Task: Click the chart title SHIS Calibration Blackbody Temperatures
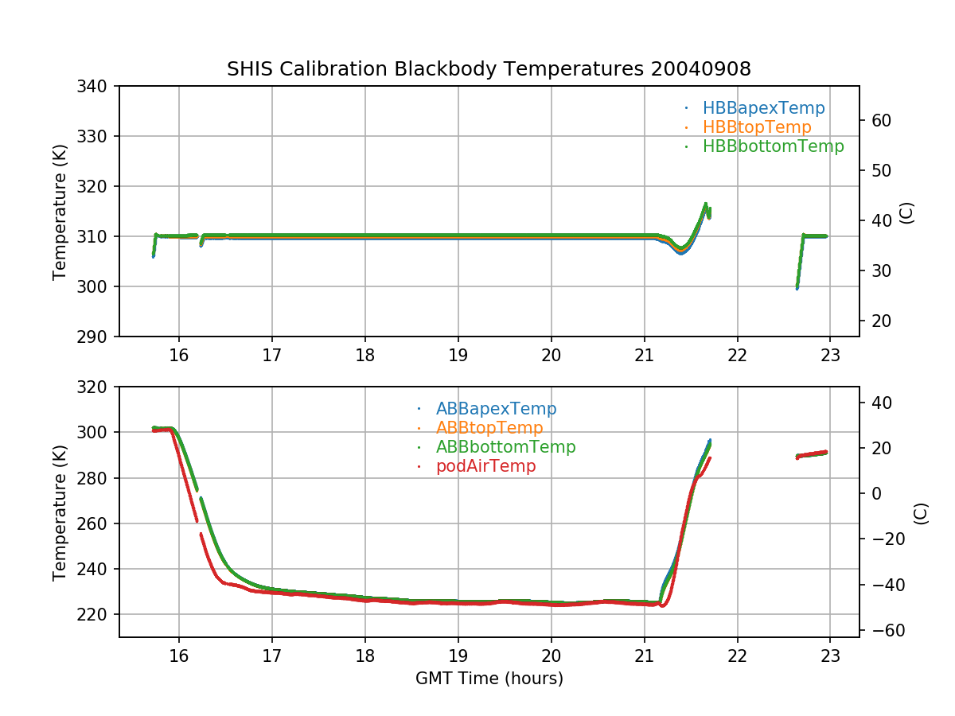(x=489, y=69)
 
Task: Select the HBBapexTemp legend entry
(x=763, y=108)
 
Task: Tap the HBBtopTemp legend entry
(x=757, y=127)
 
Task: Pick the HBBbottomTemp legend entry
(x=773, y=146)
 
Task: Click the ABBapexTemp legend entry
(x=496, y=409)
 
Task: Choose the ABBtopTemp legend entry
(x=489, y=428)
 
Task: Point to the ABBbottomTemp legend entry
(x=505, y=447)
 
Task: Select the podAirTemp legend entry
(x=485, y=466)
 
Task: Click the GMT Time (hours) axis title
(x=489, y=679)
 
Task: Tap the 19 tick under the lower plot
(x=458, y=658)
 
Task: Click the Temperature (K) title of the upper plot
(x=60, y=211)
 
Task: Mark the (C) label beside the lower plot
(x=921, y=512)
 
